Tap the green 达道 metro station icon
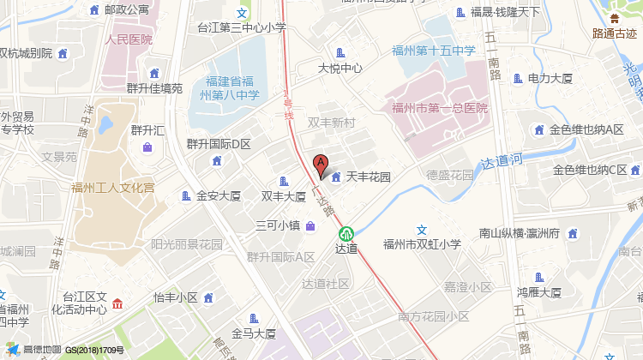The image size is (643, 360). click(x=346, y=232)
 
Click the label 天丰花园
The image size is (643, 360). click(x=369, y=177)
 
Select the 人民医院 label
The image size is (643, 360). click(x=128, y=39)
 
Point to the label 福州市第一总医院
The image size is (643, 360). click(x=439, y=108)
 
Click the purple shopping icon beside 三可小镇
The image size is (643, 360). click(x=309, y=226)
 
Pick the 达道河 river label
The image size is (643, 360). click(x=502, y=160)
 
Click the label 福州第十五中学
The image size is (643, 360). click(x=434, y=51)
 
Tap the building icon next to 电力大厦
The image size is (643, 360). click(x=517, y=79)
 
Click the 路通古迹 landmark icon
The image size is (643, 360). click(x=613, y=18)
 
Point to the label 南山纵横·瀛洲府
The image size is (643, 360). click(x=520, y=232)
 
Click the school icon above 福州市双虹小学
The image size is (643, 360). click(x=421, y=230)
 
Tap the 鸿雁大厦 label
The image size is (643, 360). click(x=538, y=292)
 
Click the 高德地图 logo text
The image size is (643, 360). click(x=42, y=350)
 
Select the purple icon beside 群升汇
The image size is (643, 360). click(x=147, y=147)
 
